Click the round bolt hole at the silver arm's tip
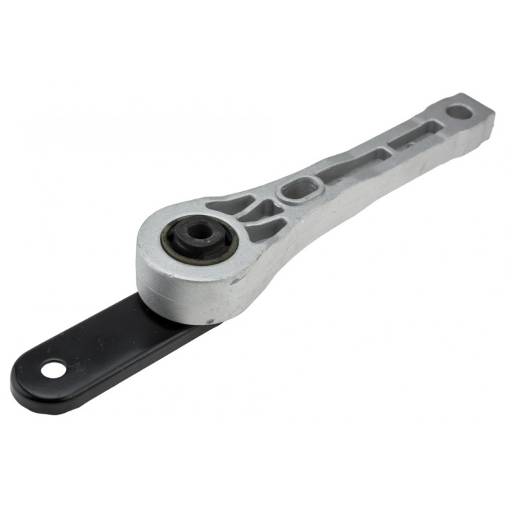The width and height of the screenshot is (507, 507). tap(458, 112)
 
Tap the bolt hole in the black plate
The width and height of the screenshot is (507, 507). tap(52, 370)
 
